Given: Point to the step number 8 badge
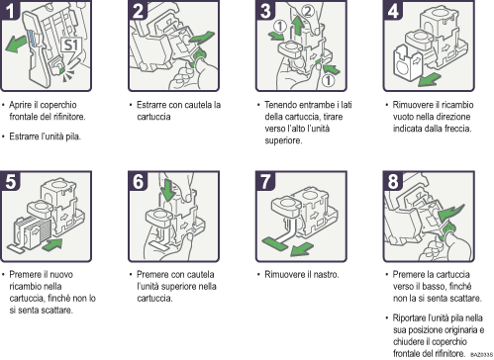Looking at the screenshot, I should tap(391, 186).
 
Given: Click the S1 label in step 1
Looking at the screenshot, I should tap(71, 45).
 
